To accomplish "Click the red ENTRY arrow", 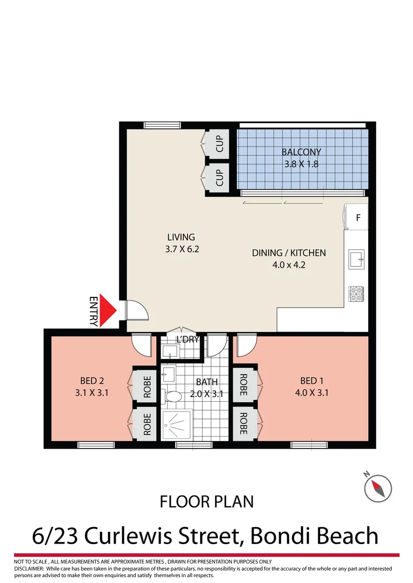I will (110, 311).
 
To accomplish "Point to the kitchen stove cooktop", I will (357, 294).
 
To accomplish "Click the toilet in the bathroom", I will (172, 397).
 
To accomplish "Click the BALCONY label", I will (301, 152).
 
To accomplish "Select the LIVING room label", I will (181, 237).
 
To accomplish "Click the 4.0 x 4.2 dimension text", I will (289, 265).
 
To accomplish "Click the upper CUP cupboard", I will (219, 143).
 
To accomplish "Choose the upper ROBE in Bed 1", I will (243, 384).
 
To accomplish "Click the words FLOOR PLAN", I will (206, 501).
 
